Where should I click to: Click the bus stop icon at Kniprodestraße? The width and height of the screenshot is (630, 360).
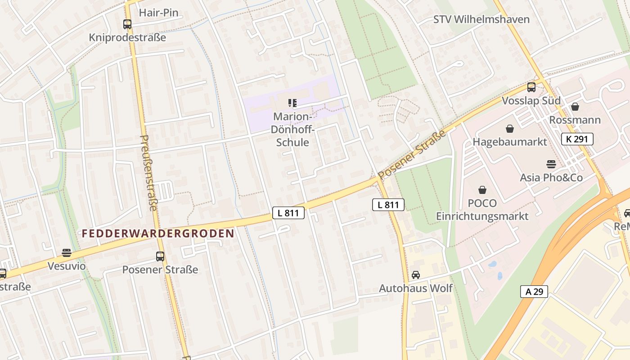pos(127,24)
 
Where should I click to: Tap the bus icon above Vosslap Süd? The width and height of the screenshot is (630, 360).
pos(531,87)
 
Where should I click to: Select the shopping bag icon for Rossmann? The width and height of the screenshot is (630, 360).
pos(575,107)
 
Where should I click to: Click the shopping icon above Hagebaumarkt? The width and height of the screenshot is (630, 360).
pos(509,129)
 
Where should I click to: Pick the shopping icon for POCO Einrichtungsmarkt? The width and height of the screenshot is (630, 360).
pos(482,190)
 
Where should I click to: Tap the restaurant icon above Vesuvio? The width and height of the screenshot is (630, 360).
pos(67,253)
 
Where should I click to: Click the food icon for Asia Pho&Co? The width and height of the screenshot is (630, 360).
pos(551,164)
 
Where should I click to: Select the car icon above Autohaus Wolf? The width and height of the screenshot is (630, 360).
pos(415,274)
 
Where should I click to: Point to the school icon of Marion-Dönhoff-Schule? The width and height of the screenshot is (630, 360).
pos(292,103)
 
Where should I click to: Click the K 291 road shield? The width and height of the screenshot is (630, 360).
pos(577,139)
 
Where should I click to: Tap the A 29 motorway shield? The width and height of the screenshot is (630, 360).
pos(534,292)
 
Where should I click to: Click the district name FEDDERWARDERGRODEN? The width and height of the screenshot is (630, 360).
pos(158,234)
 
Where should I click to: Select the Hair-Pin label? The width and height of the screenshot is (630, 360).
pos(158,13)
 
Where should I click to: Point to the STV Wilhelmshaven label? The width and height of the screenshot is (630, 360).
pos(481,19)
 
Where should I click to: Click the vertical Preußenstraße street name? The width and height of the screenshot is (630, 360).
pos(148,173)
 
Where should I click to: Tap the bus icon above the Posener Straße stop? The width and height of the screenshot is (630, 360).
pos(160,256)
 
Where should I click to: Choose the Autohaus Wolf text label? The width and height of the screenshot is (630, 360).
pos(415,288)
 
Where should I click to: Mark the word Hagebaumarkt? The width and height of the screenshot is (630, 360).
pos(509,142)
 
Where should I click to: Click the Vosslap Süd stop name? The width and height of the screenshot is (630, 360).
pos(531,100)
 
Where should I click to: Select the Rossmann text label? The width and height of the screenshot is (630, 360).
pos(575,120)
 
